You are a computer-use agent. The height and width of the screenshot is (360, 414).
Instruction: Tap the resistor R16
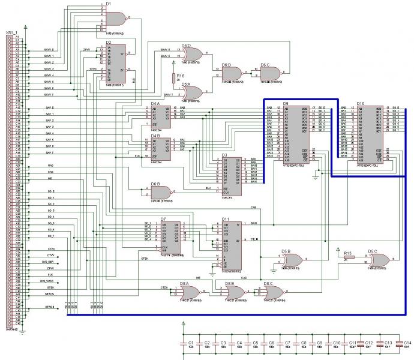[173, 78]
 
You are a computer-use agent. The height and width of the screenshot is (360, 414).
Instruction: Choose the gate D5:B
[293, 259]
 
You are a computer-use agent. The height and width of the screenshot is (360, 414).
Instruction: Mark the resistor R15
[349, 257]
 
